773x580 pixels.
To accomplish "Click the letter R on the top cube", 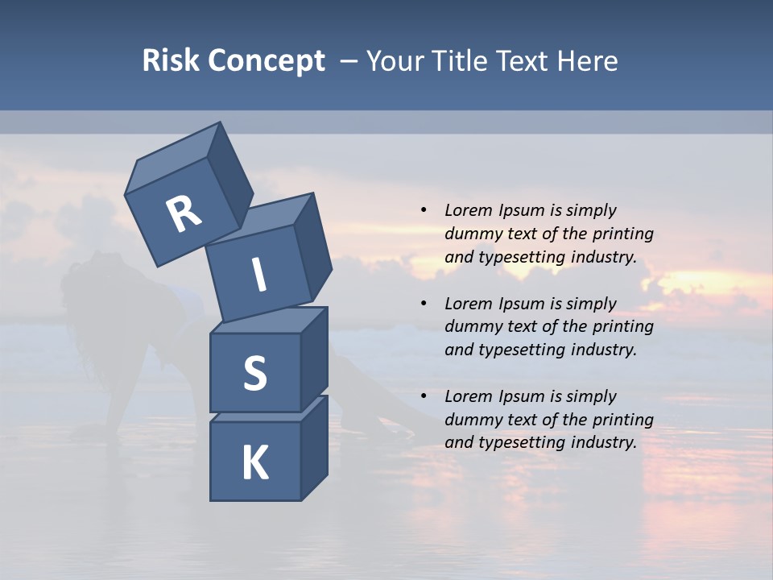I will click(x=184, y=215).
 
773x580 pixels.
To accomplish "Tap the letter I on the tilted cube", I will click(x=259, y=275).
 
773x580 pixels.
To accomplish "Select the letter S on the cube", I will click(x=254, y=373).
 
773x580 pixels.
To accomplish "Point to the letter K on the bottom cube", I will click(x=254, y=463).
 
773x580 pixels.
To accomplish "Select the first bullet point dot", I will click(x=424, y=210).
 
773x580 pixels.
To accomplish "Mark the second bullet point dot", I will click(x=424, y=304).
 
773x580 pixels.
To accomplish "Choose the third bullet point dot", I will click(x=424, y=396).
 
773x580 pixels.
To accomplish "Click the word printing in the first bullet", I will click(x=624, y=234).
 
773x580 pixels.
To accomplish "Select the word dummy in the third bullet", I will click(x=471, y=420).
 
